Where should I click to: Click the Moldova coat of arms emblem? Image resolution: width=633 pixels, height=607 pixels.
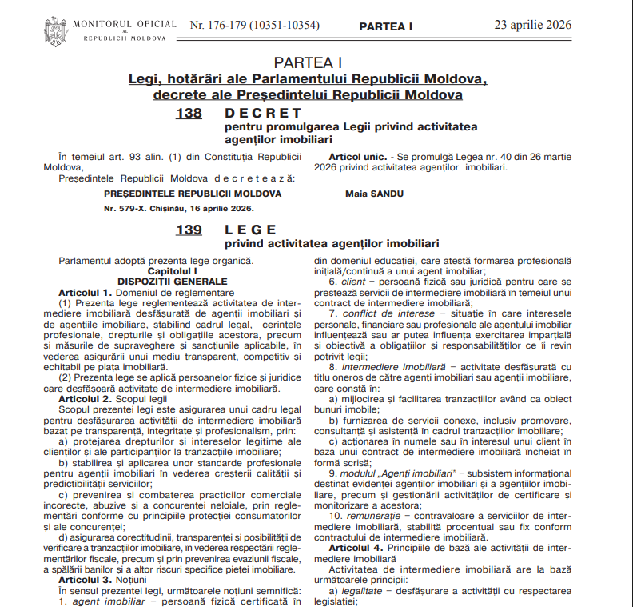point(55,30)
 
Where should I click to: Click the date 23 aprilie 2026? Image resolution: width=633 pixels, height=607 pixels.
point(533,25)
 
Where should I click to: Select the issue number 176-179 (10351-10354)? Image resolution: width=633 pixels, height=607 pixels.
point(255,26)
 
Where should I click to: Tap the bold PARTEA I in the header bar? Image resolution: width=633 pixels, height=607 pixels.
point(386,26)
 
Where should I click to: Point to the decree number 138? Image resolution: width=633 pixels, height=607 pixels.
point(189,114)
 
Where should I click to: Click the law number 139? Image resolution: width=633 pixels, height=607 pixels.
point(189,230)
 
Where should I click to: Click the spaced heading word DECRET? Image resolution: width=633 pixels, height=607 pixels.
point(263,114)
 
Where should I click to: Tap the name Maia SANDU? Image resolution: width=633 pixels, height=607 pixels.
point(374,194)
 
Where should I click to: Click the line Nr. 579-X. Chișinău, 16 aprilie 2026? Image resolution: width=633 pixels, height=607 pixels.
point(178,208)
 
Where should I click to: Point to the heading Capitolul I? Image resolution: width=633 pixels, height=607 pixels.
point(172,271)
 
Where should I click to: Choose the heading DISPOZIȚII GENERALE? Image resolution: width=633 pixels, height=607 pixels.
point(172,282)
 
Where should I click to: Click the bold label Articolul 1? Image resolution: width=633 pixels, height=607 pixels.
point(84,293)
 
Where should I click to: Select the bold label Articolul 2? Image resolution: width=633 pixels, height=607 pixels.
point(84,397)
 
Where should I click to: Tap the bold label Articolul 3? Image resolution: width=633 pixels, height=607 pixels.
point(84,578)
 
